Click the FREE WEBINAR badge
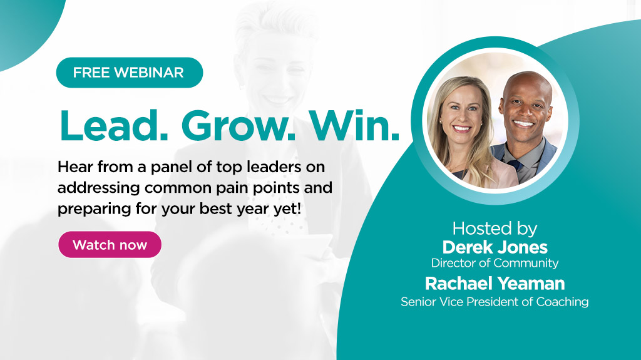(x=129, y=73)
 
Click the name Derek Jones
(x=495, y=247)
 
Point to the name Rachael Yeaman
(x=495, y=284)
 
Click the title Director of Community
(x=495, y=263)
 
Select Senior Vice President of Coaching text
(x=495, y=302)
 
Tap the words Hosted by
(x=495, y=228)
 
